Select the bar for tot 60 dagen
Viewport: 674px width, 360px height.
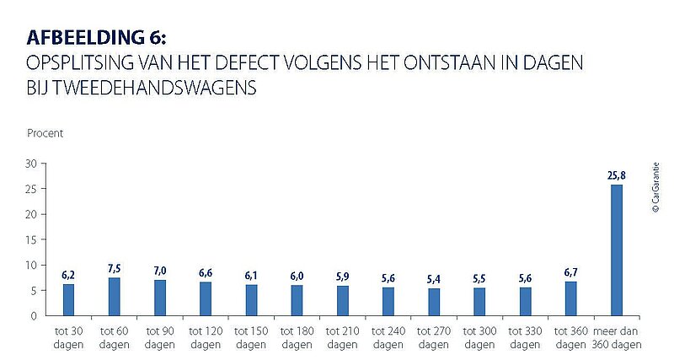pos(115,297)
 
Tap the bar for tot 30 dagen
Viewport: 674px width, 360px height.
pos(69,300)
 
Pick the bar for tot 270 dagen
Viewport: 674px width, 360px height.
pos(434,302)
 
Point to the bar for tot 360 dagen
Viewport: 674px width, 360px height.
pos(571,298)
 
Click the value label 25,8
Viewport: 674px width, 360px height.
pos(617,176)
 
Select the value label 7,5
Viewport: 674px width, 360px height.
pos(115,269)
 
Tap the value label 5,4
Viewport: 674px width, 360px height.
pos(434,279)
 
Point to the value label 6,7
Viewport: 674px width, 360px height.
pos(571,272)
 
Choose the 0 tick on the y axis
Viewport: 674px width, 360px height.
pos(33,316)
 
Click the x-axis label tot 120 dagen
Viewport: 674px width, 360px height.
pos(206,338)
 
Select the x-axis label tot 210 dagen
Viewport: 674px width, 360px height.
pos(342,338)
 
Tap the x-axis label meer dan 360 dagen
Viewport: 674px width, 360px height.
pos(617,338)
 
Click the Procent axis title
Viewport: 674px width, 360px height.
pos(45,133)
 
